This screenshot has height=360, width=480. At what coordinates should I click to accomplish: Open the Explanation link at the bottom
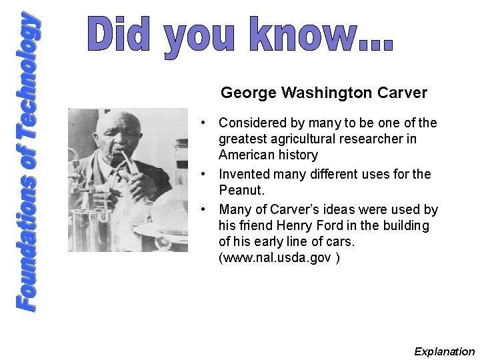coord(444,351)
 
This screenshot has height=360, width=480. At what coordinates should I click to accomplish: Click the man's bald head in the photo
coord(117,123)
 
